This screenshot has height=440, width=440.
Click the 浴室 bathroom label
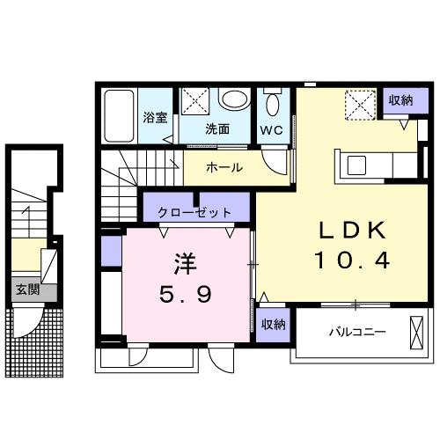pyautogui.click(x=156, y=118)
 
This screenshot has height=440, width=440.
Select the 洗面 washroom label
pyautogui.click(x=217, y=128)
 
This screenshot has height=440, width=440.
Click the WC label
pyautogui.click(x=270, y=129)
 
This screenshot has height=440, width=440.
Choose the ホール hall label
pyautogui.click(x=224, y=167)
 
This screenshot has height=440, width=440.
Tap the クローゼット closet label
pyautogui.click(x=194, y=212)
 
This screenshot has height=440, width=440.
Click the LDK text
pyautogui.click(x=351, y=229)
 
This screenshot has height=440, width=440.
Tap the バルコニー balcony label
pyautogui.click(x=357, y=333)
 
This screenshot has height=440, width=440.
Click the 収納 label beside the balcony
pyautogui.click(x=273, y=325)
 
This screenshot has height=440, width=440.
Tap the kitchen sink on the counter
pyautogui.click(x=357, y=164)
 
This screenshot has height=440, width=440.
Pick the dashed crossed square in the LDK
pyautogui.click(x=359, y=106)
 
